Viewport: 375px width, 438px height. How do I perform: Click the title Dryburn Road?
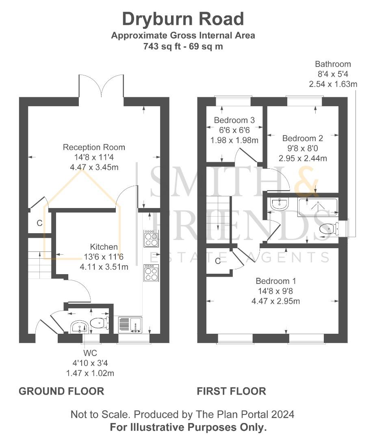pyautogui.click(x=183, y=19)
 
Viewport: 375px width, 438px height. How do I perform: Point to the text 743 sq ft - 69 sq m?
pyautogui.click(x=183, y=46)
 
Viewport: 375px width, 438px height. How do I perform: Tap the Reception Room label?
pyautogui.click(x=94, y=147)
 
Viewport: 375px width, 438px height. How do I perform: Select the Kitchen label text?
pyautogui.click(x=104, y=247)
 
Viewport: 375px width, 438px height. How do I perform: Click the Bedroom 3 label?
pyautogui.click(x=234, y=120)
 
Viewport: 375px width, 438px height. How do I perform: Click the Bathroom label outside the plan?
pyautogui.click(x=333, y=64)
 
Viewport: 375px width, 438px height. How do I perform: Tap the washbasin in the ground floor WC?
pyautogui.click(x=79, y=326)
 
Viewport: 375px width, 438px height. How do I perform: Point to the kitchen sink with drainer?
pyautogui.click(x=130, y=325)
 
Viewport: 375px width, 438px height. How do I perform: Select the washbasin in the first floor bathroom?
pyautogui.click(x=280, y=204)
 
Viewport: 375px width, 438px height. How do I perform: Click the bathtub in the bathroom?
pyautogui.click(x=318, y=206)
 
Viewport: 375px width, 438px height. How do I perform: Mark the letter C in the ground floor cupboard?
pyautogui.click(x=39, y=223)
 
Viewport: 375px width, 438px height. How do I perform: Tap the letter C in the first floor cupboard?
pyautogui.click(x=218, y=261)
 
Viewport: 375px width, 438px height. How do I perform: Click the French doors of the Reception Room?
pyautogui.click(x=101, y=86)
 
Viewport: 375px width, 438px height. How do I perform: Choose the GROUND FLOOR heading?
pyautogui.click(x=61, y=391)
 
